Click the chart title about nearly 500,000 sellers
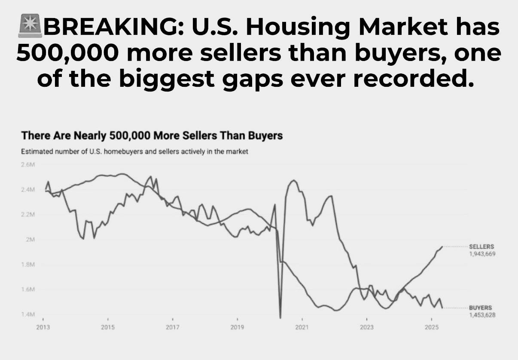coord(152,136)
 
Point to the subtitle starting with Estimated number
coord(134,152)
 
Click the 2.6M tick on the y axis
coord(27,165)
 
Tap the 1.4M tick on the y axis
coord(27,314)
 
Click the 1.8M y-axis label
coord(27,265)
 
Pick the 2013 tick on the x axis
coord(43,327)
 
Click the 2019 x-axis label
coord(237,327)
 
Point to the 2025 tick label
coord(431,327)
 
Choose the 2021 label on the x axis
coord(302,327)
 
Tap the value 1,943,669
coord(482,254)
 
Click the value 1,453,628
coord(482,315)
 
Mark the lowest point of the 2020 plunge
coord(280,318)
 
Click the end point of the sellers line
coord(442,247)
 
